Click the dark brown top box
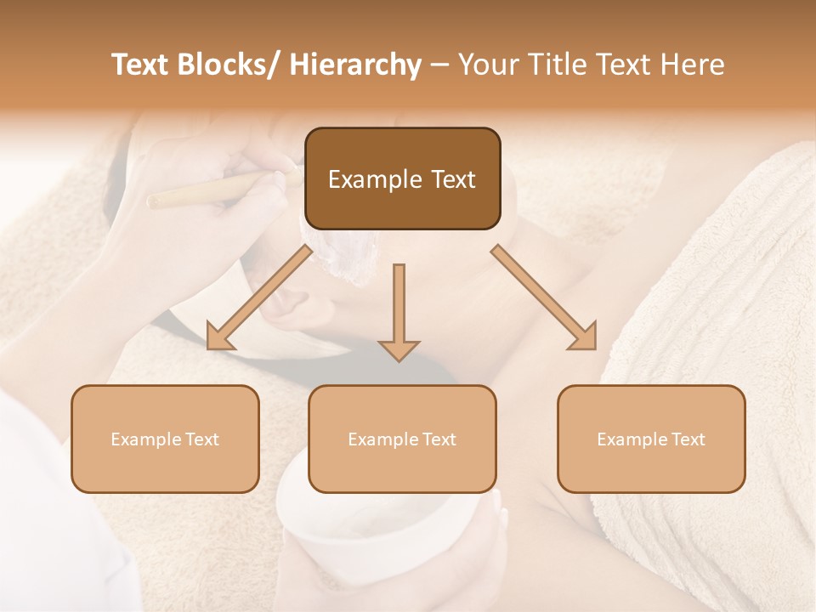pos(402,178)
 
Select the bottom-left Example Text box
pos(165,439)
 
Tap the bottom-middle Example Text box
pos(402,439)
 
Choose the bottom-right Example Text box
pos(651,439)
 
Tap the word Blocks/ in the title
pos(230,65)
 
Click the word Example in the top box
pos(375,179)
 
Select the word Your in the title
pos(487,65)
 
